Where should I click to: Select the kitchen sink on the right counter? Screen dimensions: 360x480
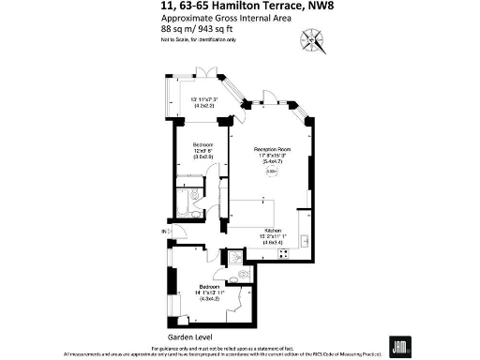pos(304,240)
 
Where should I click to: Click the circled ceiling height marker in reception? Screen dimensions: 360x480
pos(271,172)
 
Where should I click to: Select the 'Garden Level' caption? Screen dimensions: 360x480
pos(187,335)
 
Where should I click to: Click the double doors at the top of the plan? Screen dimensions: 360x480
pos(209,72)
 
